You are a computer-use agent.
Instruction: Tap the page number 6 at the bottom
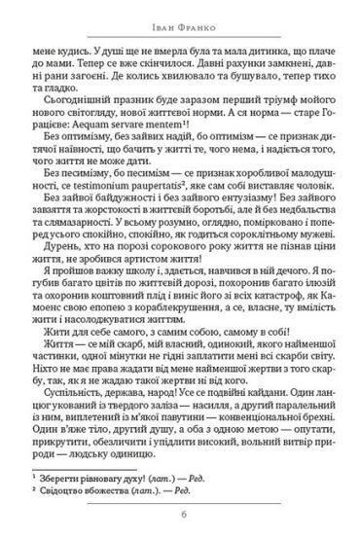180,517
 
